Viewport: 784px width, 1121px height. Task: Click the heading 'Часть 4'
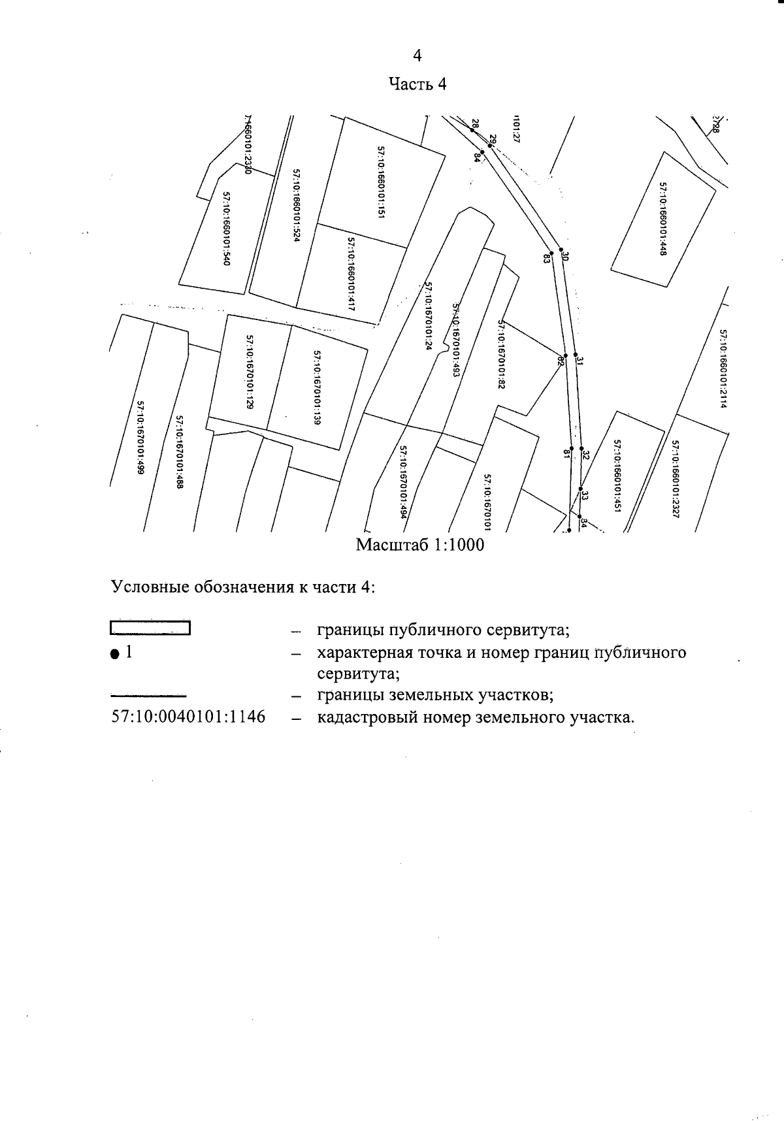click(417, 84)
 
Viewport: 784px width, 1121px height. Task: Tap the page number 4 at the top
click(417, 56)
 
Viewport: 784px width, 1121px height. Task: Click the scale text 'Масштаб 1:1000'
click(420, 545)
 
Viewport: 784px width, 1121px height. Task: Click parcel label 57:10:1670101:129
click(249, 371)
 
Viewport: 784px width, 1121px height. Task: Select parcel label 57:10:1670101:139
click(316, 388)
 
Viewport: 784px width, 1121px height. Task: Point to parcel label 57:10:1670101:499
click(140, 437)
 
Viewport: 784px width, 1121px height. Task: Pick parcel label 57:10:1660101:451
click(616, 474)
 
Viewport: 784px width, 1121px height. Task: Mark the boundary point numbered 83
click(551, 253)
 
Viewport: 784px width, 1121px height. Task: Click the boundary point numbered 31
click(576, 355)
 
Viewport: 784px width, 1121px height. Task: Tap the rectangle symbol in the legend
click(150, 628)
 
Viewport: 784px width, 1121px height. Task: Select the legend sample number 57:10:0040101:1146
click(189, 717)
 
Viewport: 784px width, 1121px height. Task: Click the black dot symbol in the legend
click(115, 654)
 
